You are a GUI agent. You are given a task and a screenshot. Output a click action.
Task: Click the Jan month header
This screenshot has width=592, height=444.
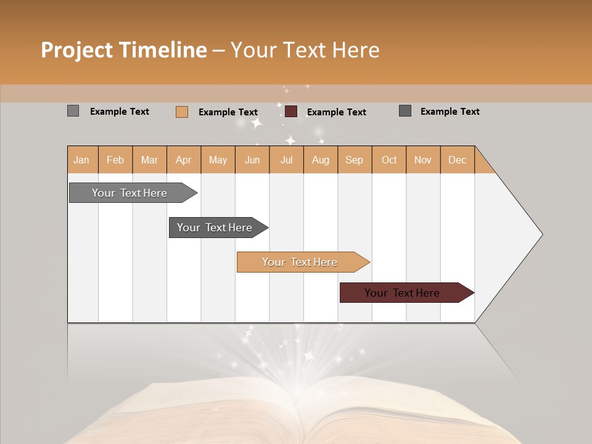[82, 160]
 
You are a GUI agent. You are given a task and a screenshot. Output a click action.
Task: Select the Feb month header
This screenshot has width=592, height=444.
[115, 160]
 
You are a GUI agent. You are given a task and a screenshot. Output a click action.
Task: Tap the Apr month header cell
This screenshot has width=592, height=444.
[184, 160]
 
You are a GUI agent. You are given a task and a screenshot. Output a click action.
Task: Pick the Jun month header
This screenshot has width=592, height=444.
[252, 160]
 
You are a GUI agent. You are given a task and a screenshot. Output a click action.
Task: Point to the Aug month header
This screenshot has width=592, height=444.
[321, 160]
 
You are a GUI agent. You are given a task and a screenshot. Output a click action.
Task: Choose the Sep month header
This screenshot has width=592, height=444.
[355, 160]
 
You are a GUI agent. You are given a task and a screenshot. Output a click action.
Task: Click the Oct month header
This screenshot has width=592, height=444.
[389, 160]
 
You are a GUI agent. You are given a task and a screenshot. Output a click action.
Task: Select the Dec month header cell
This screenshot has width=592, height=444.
[458, 160]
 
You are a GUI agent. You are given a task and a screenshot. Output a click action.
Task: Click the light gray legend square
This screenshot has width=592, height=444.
[73, 111]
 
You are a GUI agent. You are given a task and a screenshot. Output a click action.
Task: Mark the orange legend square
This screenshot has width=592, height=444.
[182, 112]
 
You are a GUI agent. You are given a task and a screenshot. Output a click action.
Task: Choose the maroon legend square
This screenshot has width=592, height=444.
[291, 111]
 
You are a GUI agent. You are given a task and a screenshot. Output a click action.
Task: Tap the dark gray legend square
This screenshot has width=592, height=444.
[405, 111]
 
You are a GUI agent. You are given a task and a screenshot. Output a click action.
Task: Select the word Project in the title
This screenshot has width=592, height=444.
[76, 50]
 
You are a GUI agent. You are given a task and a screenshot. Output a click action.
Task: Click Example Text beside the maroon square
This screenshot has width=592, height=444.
[336, 112]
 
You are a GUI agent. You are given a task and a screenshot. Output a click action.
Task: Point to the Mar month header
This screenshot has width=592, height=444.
[149, 160]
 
